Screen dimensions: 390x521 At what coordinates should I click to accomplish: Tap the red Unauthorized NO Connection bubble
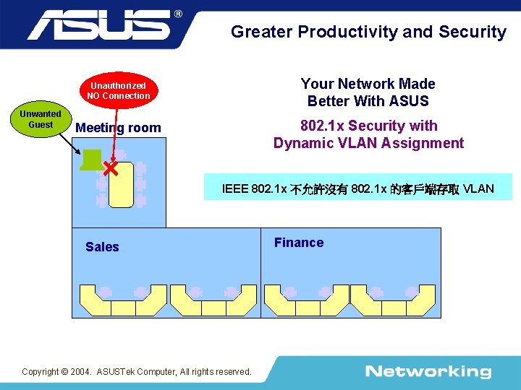point(118,90)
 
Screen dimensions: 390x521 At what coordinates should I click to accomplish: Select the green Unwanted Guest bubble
point(41,119)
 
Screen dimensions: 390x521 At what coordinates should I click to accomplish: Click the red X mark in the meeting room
point(110,169)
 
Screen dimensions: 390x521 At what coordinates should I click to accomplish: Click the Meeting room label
point(118,128)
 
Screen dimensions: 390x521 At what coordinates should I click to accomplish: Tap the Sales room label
point(102,247)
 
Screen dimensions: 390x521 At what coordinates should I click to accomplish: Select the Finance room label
point(299,243)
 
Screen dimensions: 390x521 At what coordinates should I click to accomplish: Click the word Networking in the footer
point(428,372)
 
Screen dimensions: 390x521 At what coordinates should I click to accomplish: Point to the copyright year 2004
point(81,372)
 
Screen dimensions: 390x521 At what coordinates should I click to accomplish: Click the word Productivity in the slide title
point(347,32)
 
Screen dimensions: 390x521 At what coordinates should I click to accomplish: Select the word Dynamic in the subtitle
point(301,143)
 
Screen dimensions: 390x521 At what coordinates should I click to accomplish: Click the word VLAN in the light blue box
point(478,189)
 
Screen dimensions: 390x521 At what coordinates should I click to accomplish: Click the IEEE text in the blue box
point(234,189)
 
